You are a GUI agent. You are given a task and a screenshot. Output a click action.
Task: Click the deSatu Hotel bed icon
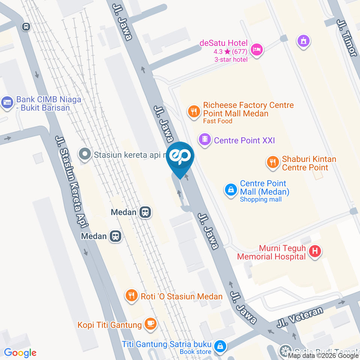[x=257, y=49]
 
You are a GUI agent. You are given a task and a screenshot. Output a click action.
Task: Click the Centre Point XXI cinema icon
[x=205, y=140]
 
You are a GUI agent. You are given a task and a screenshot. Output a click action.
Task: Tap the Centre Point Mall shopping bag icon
[x=231, y=190]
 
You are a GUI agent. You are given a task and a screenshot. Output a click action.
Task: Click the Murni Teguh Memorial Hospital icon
[x=315, y=252]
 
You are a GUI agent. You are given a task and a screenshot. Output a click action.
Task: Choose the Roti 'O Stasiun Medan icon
[x=132, y=296]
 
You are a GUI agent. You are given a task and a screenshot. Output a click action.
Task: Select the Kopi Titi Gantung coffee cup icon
[x=150, y=324]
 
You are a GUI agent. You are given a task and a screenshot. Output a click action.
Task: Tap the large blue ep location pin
[x=180, y=156]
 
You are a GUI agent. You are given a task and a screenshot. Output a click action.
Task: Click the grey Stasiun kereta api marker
[x=85, y=154]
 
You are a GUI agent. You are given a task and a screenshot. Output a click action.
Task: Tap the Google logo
[x=20, y=353]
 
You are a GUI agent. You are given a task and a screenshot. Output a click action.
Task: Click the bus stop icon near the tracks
[x=26, y=27]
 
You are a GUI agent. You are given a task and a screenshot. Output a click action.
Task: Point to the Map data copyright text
[x=323, y=356]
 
